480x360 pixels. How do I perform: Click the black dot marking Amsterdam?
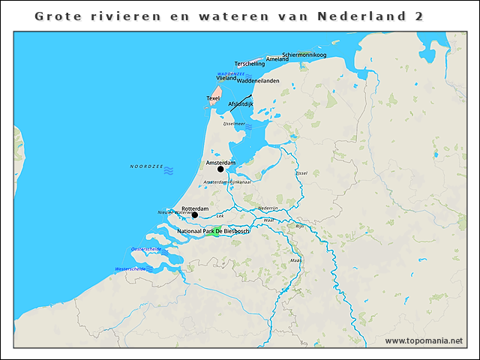click(220, 169)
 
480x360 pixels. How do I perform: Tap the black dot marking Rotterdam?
click(194, 215)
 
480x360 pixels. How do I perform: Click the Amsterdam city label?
click(220, 162)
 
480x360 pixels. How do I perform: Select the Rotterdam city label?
click(194, 208)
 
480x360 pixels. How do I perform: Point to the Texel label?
click(213, 98)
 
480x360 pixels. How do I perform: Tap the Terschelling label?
click(250, 64)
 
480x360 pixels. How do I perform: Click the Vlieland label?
click(226, 78)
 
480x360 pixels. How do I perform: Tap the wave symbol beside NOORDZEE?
click(169, 171)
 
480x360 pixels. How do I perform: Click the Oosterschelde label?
click(146, 248)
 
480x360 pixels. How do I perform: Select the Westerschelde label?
click(130, 268)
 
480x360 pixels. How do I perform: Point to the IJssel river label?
click(301, 172)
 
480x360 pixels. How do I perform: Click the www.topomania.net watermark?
click(424, 341)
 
